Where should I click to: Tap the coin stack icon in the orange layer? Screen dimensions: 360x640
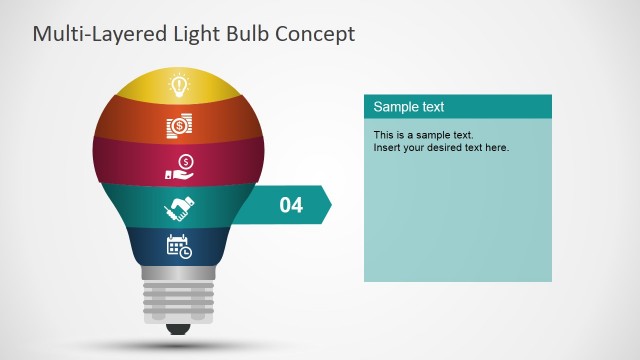pos(179,126)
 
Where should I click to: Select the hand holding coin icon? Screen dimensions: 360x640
pos(179,167)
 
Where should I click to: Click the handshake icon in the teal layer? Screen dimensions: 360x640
pos(179,208)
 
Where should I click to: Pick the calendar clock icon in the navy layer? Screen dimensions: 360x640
pos(179,245)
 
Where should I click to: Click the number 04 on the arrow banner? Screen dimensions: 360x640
pos(290,205)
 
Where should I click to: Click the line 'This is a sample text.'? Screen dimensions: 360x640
pos(423,135)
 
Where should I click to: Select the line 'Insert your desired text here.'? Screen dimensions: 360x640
pos(441,148)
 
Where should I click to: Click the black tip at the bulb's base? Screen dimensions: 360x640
pos(179,328)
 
